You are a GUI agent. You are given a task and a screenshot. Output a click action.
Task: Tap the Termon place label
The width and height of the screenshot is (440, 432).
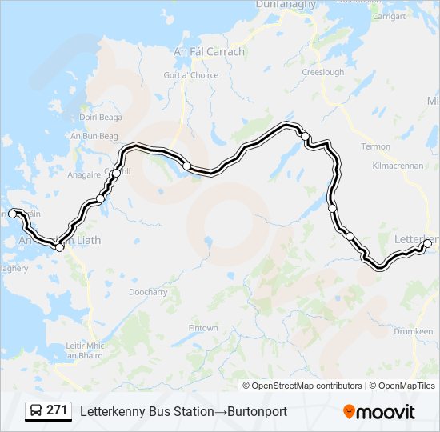click(x=375, y=146)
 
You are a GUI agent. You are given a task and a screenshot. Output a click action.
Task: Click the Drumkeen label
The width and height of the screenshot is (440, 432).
click(x=414, y=331)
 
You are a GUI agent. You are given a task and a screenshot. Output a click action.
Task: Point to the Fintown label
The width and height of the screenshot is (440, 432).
click(x=203, y=328)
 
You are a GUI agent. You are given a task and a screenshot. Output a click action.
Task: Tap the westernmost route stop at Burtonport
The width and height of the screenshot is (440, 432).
click(x=12, y=214)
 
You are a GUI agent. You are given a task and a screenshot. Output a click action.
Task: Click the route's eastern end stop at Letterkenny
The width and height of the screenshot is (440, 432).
click(x=428, y=242)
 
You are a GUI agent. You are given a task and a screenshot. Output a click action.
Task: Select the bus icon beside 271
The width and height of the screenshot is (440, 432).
click(x=36, y=410)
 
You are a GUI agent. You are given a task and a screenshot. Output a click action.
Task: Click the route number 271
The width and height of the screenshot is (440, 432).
click(x=57, y=410)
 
